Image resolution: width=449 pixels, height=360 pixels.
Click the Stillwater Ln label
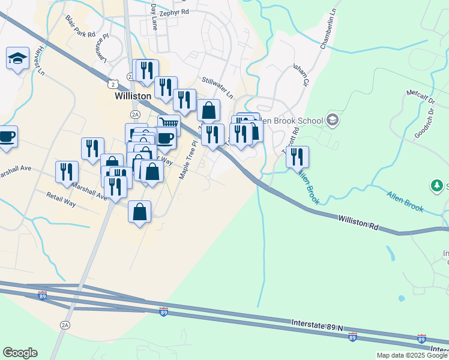point(217,87)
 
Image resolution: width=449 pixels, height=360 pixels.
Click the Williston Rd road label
point(358,223)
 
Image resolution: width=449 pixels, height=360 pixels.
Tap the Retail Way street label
point(61,199)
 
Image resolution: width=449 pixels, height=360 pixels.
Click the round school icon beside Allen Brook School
point(332,121)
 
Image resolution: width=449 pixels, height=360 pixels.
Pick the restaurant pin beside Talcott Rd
point(297,157)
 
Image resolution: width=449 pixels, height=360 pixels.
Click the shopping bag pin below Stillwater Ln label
point(208,110)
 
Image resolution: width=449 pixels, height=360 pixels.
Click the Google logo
point(20,353)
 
